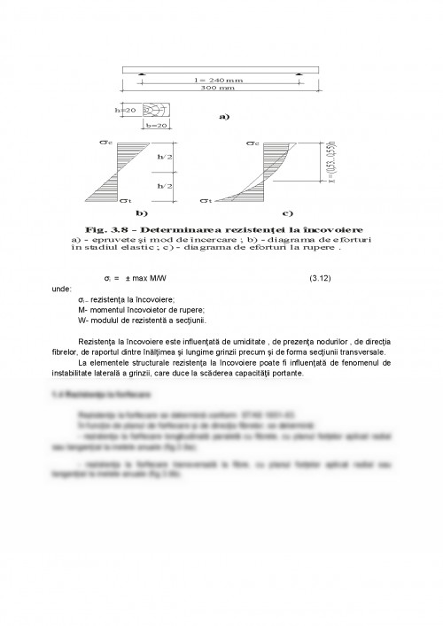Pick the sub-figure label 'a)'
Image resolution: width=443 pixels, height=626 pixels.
tap(224, 116)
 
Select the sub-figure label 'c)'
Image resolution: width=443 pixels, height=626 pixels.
tap(287, 213)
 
